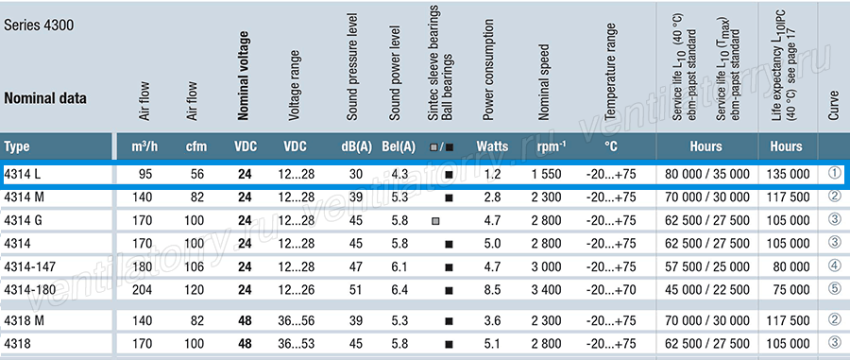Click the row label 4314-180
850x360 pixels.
coord(30,289)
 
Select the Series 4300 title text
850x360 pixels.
coord(39,26)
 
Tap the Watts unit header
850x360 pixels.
coord(492,146)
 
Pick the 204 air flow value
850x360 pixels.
coord(143,289)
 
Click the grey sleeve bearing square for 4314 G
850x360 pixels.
coord(435,221)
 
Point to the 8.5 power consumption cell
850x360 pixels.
coord(492,289)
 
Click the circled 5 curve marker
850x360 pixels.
coord(834,289)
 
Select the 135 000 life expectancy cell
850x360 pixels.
coord(786,175)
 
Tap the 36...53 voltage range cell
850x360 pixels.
coord(296,344)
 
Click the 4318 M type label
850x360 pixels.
coord(24,320)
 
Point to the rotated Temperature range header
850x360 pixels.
coord(610,72)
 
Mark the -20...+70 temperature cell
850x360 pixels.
coord(611,289)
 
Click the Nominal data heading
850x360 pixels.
coord(45,98)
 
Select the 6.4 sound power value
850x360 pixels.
coord(401,289)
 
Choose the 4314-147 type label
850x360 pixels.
coord(30,266)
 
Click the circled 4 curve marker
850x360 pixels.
coord(834,266)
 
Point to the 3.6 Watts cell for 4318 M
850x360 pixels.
coord(492,320)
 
